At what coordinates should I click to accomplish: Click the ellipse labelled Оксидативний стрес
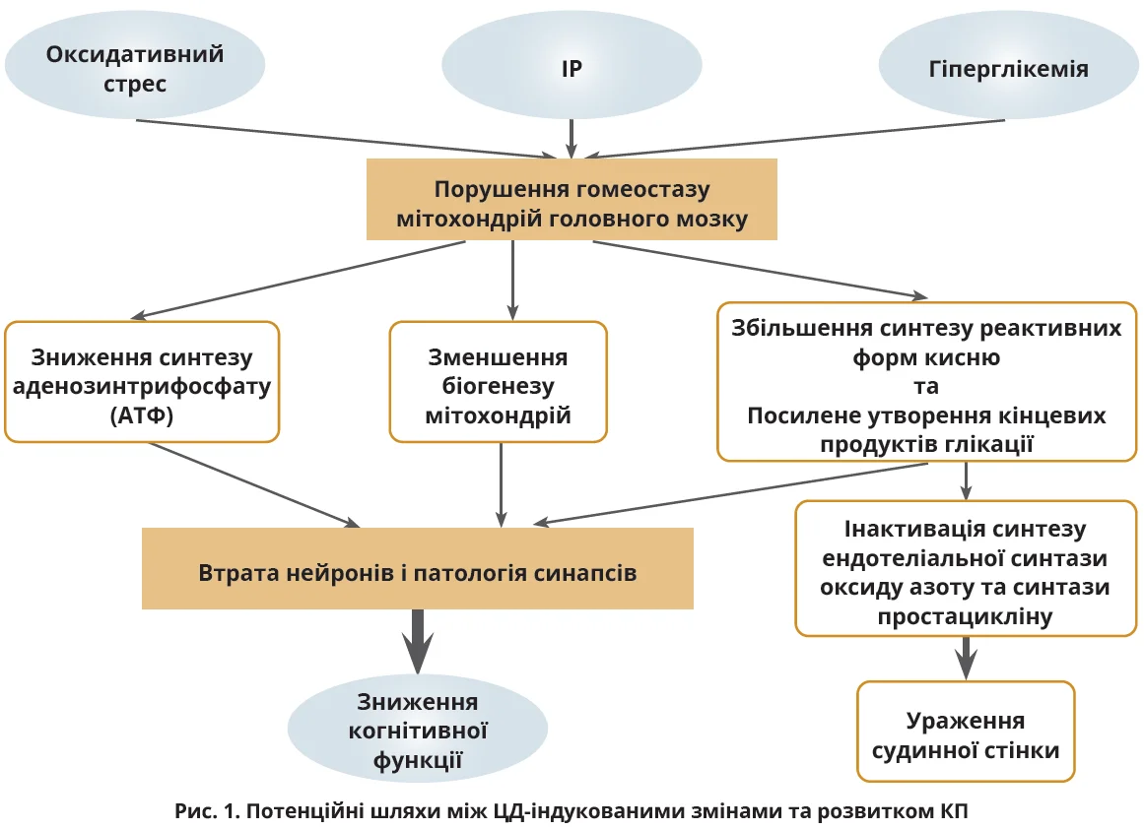135,67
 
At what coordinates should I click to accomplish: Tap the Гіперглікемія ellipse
1008,69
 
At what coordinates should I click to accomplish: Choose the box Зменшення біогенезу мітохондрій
498,381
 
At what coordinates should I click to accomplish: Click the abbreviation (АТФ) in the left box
142,416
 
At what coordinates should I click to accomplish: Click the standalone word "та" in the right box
925,385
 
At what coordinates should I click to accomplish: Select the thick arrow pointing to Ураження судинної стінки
967,657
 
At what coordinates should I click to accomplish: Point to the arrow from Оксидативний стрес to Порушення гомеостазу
345,138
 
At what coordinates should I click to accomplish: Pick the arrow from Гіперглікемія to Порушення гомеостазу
788,138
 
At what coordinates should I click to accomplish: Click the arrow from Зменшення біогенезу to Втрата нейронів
502,483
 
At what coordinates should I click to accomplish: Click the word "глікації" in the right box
991,443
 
